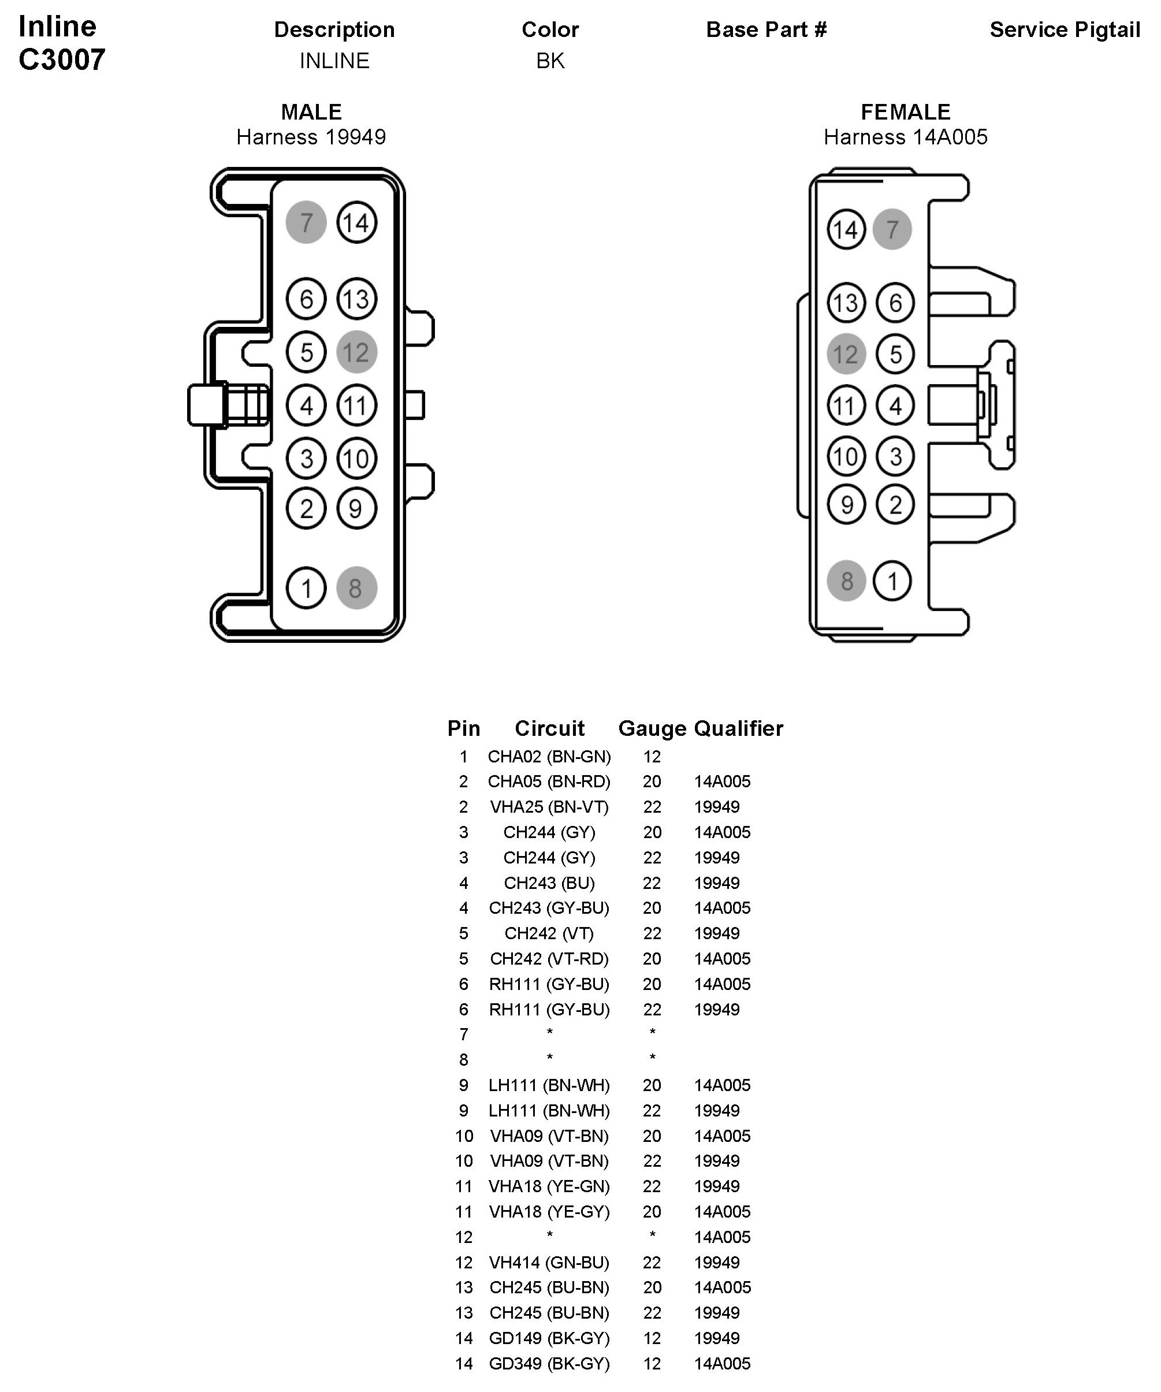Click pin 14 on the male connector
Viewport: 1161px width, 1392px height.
pyautogui.click(x=357, y=223)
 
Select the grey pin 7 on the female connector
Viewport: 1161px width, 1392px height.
pyautogui.click(x=892, y=229)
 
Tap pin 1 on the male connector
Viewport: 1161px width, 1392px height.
pyautogui.click(x=306, y=588)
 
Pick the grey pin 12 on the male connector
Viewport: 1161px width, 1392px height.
pyautogui.click(x=357, y=352)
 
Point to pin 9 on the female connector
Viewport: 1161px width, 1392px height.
pyautogui.click(x=846, y=505)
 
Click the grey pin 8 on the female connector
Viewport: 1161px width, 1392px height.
pyautogui.click(x=846, y=581)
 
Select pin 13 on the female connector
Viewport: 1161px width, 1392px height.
pyautogui.click(x=846, y=303)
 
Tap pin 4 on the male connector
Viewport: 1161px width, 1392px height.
pyautogui.click(x=306, y=405)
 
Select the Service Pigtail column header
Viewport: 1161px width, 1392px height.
pyautogui.click(x=1064, y=30)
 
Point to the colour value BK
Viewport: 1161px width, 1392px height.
pyautogui.click(x=550, y=61)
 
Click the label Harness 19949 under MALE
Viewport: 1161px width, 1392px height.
pyautogui.click(x=311, y=137)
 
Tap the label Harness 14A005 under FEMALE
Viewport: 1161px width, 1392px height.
pyautogui.click(x=905, y=137)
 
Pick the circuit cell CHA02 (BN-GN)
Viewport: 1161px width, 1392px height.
pyautogui.click(x=549, y=756)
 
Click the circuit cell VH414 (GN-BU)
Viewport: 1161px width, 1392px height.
pyautogui.click(x=549, y=1262)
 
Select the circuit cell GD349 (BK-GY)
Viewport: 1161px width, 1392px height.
pyautogui.click(x=549, y=1364)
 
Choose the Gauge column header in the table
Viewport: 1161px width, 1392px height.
pyautogui.click(x=652, y=728)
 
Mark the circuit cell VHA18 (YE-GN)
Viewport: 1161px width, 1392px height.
pyautogui.click(x=549, y=1186)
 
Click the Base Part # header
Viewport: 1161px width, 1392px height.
pyautogui.click(x=766, y=30)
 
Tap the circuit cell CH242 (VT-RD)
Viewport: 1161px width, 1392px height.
pyautogui.click(x=549, y=958)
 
